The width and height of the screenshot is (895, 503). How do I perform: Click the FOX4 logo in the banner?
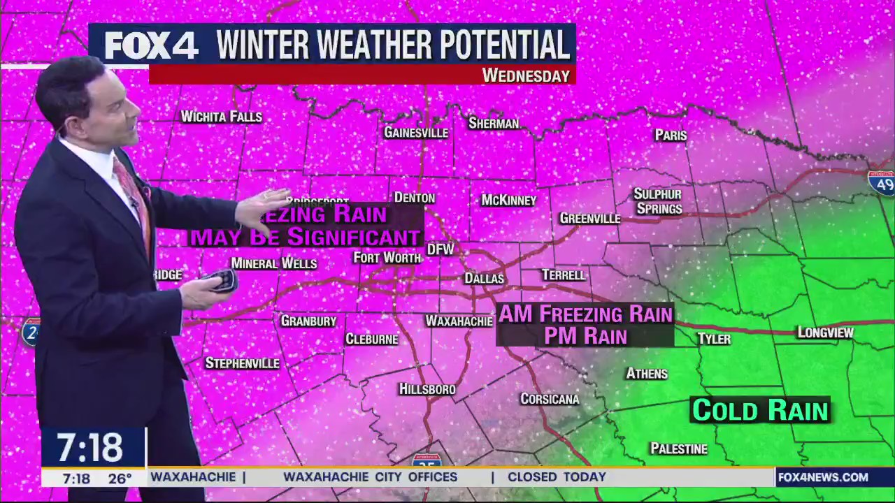pyautogui.click(x=152, y=45)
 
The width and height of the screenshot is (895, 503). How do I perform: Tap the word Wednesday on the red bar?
pyautogui.click(x=526, y=75)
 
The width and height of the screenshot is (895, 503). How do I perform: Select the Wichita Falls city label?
pyautogui.click(x=221, y=117)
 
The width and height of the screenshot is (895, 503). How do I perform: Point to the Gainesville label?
pyautogui.click(x=416, y=133)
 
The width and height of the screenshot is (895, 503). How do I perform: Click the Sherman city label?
pyautogui.click(x=494, y=124)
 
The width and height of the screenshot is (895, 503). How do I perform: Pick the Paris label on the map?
pyautogui.click(x=671, y=136)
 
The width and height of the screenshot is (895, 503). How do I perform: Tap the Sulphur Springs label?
pyautogui.click(x=657, y=201)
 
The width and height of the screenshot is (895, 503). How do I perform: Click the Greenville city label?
pyautogui.click(x=589, y=219)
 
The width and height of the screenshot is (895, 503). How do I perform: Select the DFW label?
pyautogui.click(x=441, y=249)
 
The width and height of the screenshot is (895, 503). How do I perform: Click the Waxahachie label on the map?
pyautogui.click(x=459, y=321)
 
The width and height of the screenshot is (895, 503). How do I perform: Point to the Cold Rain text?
pyautogui.click(x=759, y=410)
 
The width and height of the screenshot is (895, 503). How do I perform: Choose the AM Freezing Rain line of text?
pyautogui.click(x=585, y=314)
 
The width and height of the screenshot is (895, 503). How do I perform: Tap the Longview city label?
pyautogui.click(x=826, y=333)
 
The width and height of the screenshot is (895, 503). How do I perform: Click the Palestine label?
pyautogui.click(x=678, y=449)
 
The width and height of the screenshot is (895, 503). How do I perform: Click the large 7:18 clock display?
pyautogui.click(x=90, y=447)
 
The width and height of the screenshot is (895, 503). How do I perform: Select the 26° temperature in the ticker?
pyautogui.click(x=120, y=479)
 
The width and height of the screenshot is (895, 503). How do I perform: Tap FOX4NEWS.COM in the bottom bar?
pyautogui.click(x=823, y=477)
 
